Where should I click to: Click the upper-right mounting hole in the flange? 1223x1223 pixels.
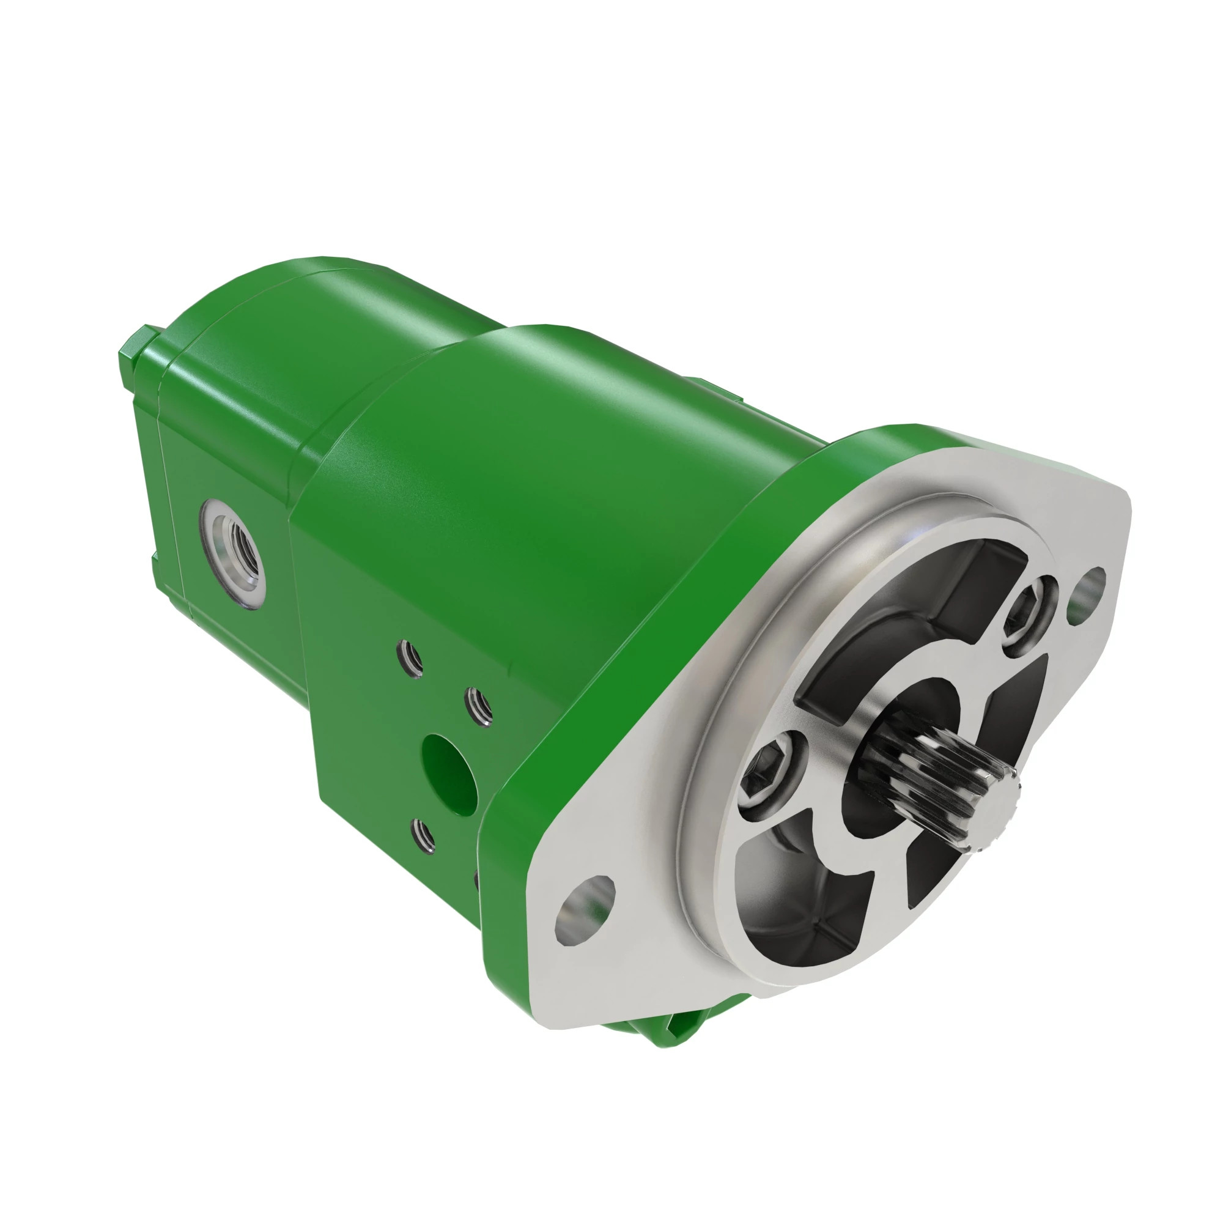pyautogui.click(x=1085, y=586)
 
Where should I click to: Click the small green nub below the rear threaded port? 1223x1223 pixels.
pyautogui.click(x=156, y=557)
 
